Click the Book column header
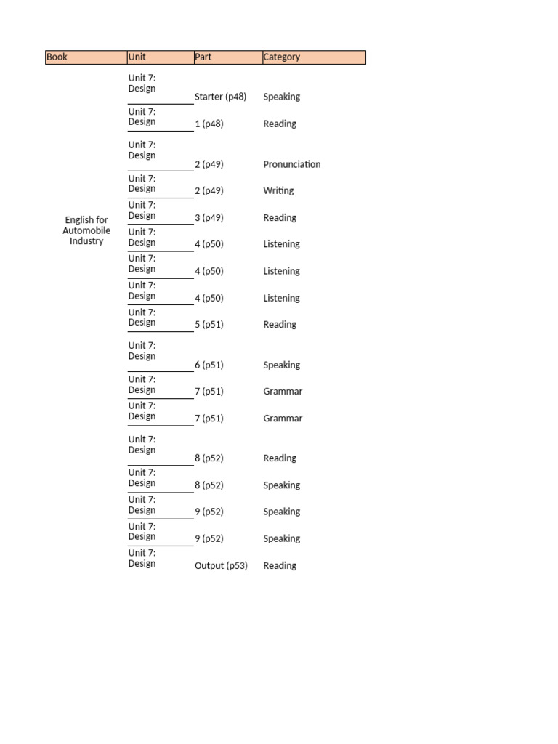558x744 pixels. coord(86,57)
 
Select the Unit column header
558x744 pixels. coord(160,57)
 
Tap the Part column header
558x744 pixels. coord(227,57)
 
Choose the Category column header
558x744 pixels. coord(313,57)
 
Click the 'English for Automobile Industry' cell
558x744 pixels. coord(86,230)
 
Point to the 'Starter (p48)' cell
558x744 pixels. coord(221,97)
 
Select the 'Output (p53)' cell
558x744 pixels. coord(221,566)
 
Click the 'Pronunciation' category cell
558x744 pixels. coord(291,164)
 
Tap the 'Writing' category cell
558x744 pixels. coord(278,191)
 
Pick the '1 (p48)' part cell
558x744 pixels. coord(209,124)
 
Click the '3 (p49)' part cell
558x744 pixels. coord(209,218)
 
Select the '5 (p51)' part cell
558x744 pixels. coord(209,325)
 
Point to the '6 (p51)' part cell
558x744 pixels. coord(209,365)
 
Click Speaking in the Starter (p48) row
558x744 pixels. coord(281,97)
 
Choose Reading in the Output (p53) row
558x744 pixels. coord(280,566)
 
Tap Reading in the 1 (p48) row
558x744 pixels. coord(280,124)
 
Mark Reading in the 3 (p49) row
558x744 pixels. coord(280,218)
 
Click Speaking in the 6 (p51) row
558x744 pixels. coord(281,365)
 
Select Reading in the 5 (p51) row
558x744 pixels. coord(280,325)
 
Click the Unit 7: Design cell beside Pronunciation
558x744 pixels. coord(142,150)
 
